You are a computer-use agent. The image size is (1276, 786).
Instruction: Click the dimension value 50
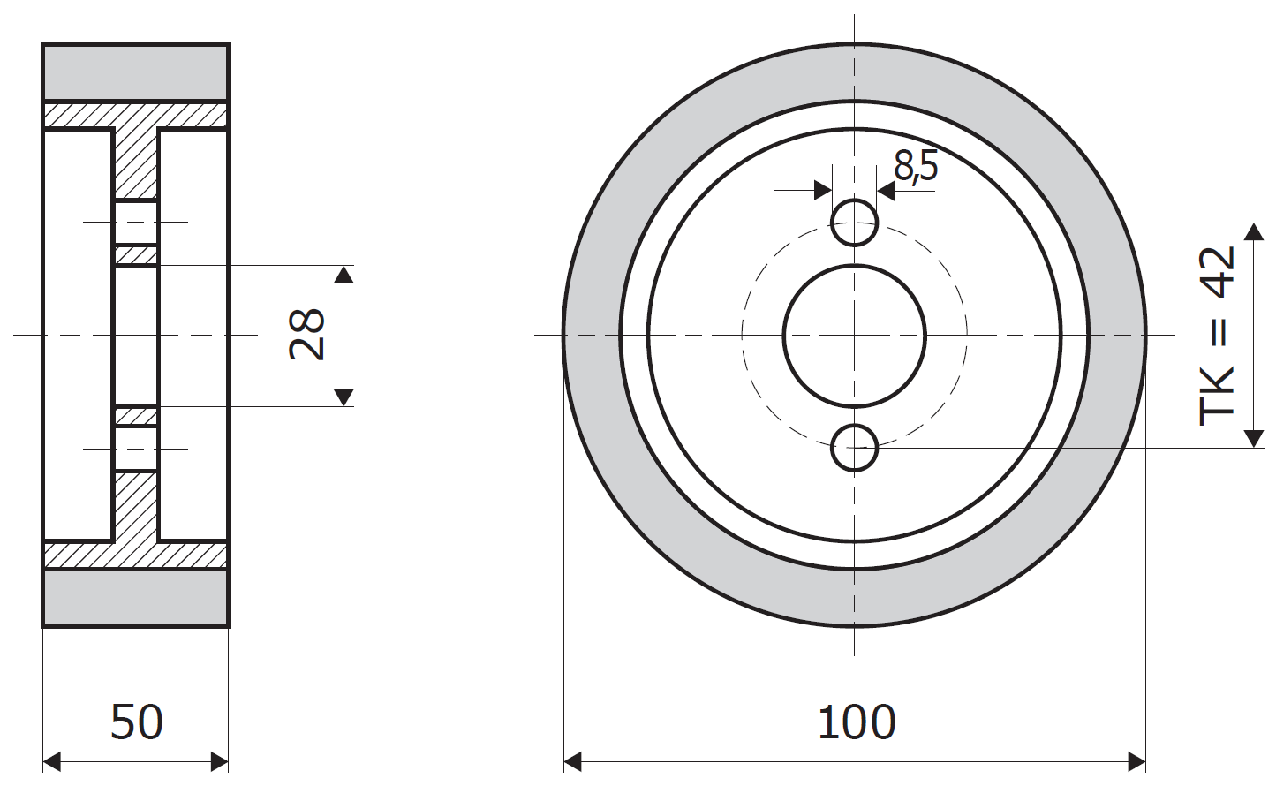tap(137, 722)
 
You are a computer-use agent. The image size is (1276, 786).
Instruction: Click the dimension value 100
tap(857, 722)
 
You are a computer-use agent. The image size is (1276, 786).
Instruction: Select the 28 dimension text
tap(307, 335)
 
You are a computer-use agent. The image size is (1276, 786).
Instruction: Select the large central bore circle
tap(784, 336)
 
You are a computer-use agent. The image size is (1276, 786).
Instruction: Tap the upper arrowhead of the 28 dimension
tap(344, 275)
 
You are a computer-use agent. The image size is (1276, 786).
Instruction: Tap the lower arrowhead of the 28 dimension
tap(344, 397)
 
